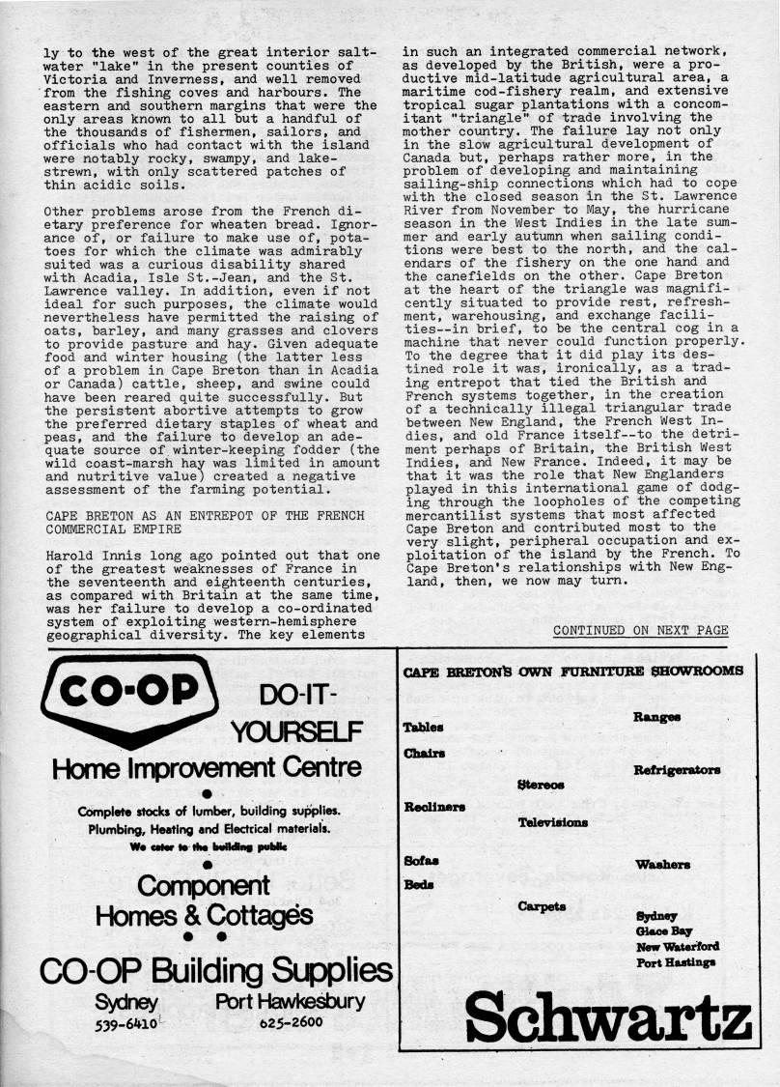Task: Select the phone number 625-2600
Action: point(291,1020)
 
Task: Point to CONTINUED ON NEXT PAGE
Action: point(640,630)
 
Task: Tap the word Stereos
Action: point(541,785)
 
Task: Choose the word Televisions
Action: point(552,822)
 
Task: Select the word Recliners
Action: point(434,806)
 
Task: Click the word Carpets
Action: point(542,906)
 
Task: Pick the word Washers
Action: point(662,865)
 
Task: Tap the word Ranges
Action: point(656,717)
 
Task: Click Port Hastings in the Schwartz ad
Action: point(676,961)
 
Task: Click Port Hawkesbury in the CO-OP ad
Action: point(291,1000)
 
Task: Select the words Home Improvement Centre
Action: point(208,768)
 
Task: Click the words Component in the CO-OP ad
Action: point(204,884)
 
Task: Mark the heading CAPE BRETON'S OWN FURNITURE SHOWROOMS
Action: point(572,672)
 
